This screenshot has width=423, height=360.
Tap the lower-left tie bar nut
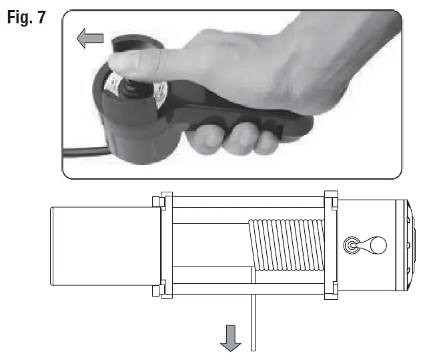pyautogui.click(x=157, y=290)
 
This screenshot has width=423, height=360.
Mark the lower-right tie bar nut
pyautogui.click(x=331, y=290)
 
